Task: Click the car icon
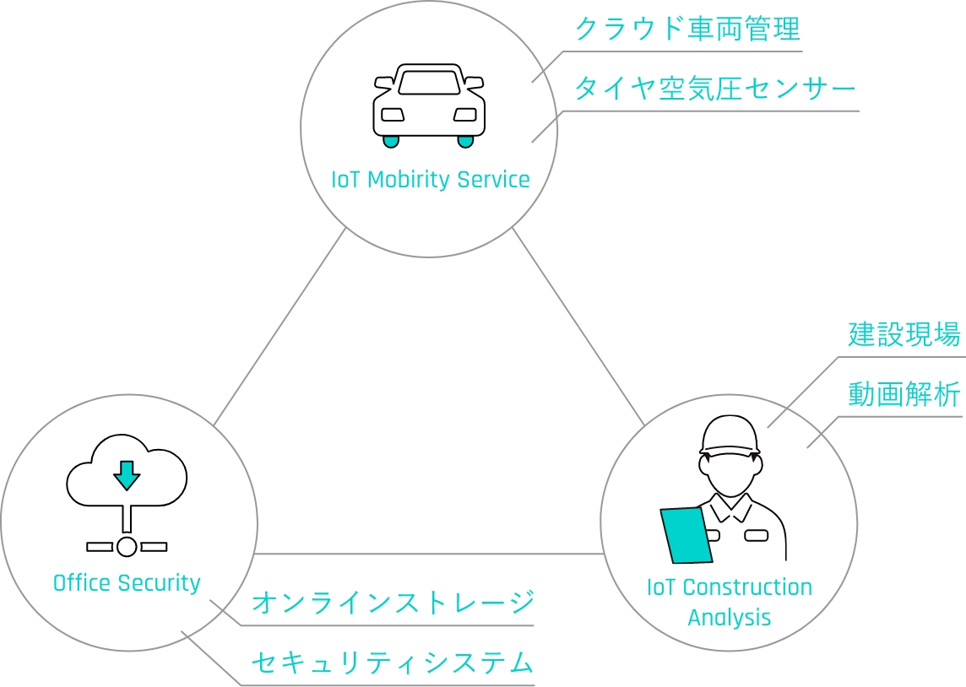429,105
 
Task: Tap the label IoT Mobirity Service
431,180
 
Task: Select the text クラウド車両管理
687,30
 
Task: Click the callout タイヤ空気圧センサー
714,89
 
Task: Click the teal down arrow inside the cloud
127,474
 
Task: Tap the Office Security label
127,583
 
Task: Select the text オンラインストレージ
393,603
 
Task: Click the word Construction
747,587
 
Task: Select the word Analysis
730,617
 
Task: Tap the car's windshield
429,82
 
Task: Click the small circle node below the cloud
127,546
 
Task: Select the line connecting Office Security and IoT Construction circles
429,554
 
